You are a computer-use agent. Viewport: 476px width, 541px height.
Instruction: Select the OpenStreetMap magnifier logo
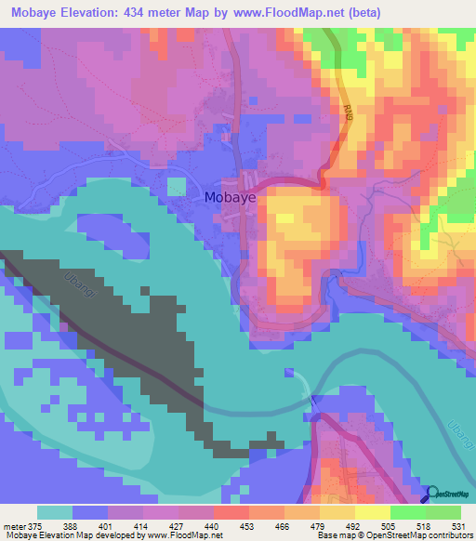[x=433, y=494]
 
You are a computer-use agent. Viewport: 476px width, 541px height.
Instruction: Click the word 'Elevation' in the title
[x=96, y=12]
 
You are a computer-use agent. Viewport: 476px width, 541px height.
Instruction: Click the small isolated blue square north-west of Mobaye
[x=177, y=186]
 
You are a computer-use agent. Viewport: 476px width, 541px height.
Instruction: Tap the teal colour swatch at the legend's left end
[x=54, y=512]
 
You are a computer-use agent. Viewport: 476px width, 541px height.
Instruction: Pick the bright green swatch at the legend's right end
[x=443, y=512]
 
